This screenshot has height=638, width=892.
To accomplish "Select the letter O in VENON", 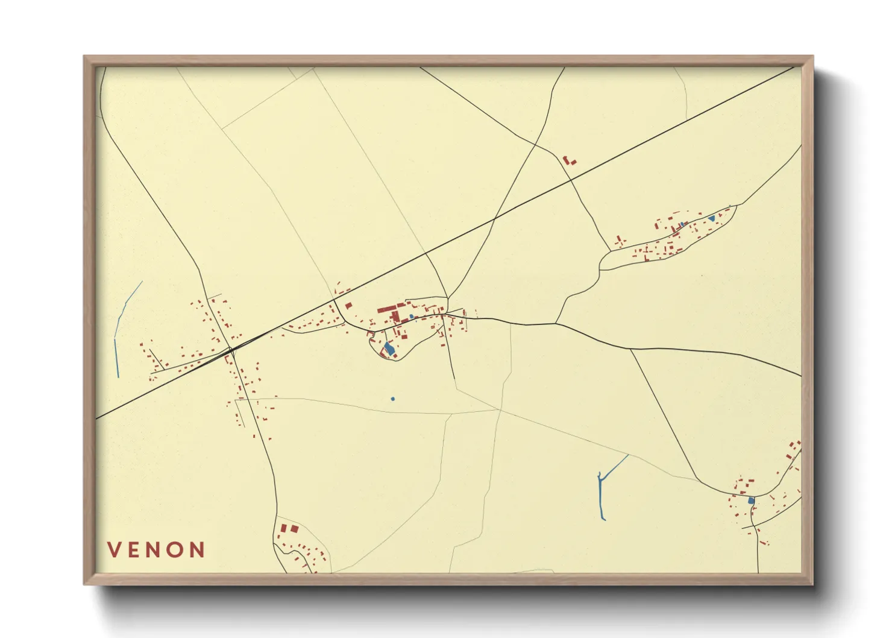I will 177,550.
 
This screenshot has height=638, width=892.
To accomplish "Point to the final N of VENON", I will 198,550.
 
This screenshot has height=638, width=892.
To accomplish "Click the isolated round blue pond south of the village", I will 392,399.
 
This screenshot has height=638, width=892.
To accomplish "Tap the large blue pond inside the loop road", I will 389,349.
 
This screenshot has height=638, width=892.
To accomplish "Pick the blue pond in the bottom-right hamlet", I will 751,501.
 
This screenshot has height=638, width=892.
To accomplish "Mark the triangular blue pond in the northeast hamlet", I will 712,218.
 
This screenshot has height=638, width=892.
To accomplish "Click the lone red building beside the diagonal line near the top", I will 568,160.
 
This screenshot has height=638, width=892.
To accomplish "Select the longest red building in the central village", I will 386,309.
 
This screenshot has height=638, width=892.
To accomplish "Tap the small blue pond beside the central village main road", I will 411,316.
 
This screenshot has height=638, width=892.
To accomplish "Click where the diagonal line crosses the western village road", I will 231,349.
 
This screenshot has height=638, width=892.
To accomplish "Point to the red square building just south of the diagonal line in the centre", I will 348,306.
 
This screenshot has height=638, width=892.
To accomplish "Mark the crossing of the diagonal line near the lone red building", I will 570,179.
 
